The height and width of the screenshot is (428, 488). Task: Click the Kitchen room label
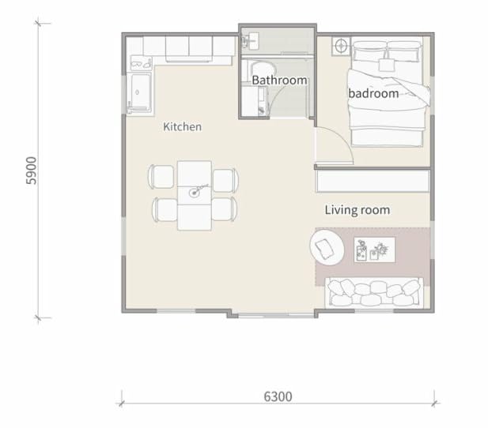(x=182, y=126)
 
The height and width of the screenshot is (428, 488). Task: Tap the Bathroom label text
(x=279, y=81)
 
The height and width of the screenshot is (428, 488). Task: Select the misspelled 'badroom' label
(x=373, y=94)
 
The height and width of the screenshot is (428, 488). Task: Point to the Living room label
(x=357, y=210)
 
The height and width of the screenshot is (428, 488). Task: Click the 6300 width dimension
(x=278, y=396)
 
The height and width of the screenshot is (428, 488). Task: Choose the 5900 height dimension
(x=32, y=170)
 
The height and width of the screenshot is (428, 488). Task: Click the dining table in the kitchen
(x=194, y=195)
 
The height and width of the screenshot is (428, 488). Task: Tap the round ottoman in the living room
(x=326, y=248)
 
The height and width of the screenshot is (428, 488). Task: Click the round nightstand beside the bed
(x=341, y=46)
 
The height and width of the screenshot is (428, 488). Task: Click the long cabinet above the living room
(x=371, y=181)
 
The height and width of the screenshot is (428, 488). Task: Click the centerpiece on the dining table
(x=195, y=190)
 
